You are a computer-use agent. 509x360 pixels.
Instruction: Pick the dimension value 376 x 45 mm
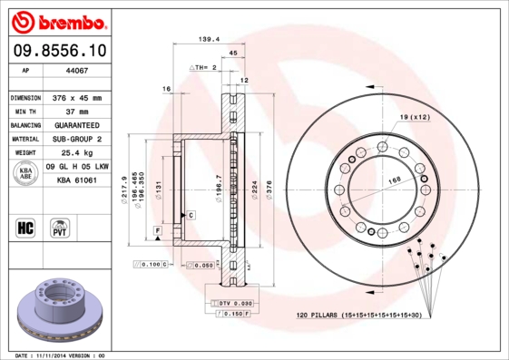(76, 97)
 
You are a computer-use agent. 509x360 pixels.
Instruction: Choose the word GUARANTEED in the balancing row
(76, 125)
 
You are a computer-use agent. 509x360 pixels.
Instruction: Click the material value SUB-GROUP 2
(76, 139)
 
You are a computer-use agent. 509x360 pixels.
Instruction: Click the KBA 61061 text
(76, 180)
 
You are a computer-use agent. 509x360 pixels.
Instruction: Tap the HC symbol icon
(26, 226)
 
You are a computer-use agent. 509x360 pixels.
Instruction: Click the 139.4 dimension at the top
(210, 39)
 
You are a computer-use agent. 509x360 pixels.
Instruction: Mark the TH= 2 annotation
(207, 68)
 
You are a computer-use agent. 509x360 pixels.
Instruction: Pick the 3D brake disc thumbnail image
(60, 308)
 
